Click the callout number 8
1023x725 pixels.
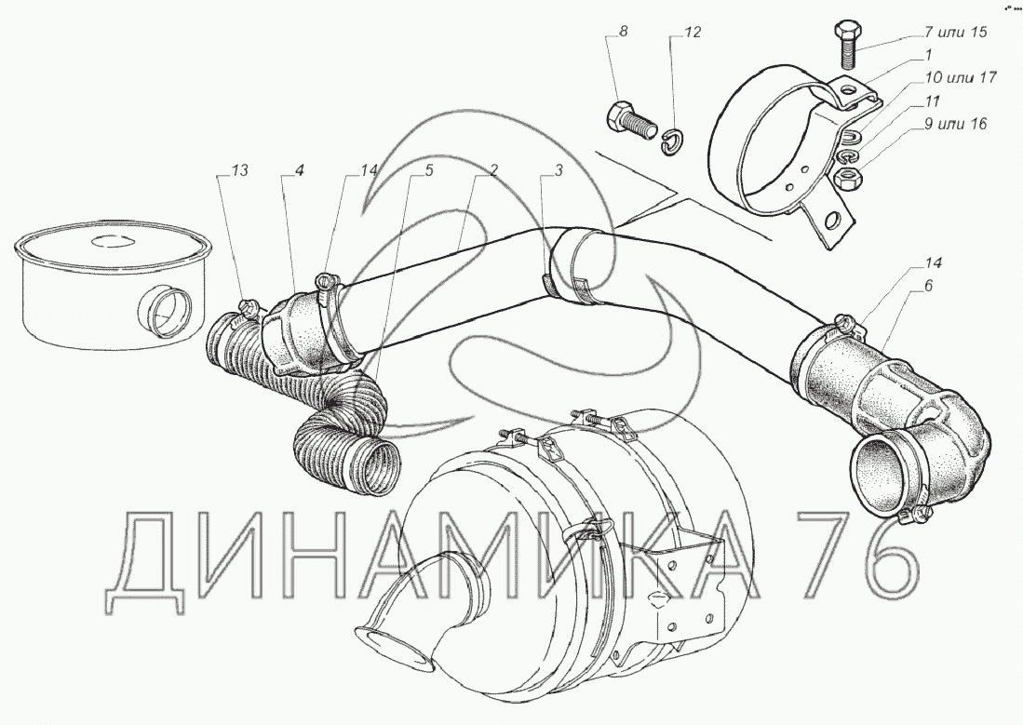[x=624, y=32]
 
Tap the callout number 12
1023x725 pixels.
[x=692, y=32]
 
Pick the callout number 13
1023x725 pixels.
[x=240, y=170]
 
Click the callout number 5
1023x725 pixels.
[x=429, y=170]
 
